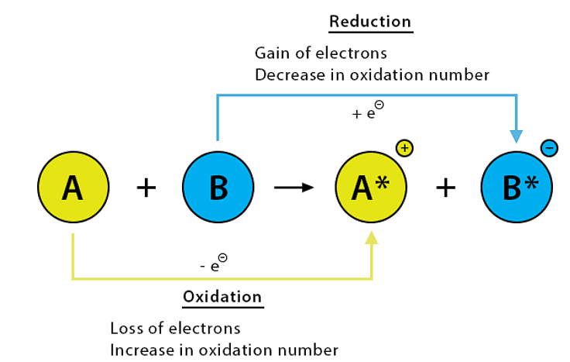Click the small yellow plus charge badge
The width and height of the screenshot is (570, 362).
(403, 147)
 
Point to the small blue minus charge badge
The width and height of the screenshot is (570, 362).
(548, 147)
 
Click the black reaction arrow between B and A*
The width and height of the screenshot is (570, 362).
(294, 188)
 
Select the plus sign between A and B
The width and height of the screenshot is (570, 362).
(145, 188)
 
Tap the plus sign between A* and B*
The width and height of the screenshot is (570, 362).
(444, 188)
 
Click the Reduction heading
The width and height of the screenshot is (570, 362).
(370, 21)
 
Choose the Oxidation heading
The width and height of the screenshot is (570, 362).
(222, 297)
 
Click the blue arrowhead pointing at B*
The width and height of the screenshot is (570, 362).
(516, 136)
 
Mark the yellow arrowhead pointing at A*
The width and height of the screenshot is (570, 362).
(372, 239)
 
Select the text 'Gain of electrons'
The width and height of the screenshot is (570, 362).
(321, 53)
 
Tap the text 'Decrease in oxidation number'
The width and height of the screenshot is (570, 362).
(372, 75)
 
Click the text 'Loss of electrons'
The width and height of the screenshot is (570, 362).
(175, 328)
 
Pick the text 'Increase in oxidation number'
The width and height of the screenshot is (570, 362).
(224, 350)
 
